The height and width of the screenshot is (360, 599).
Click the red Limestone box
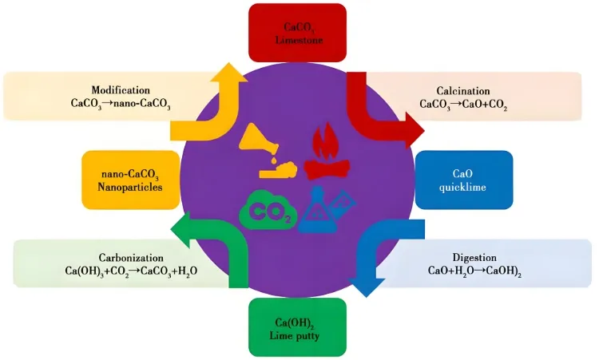tap(298, 32)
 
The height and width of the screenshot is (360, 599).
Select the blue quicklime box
tap(464, 179)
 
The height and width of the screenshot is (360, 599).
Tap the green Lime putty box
tap(298, 327)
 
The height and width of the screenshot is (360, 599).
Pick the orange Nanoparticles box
tap(129, 179)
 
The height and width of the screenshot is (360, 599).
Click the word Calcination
tap(463, 91)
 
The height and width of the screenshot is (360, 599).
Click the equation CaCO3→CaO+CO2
tap(463, 105)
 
